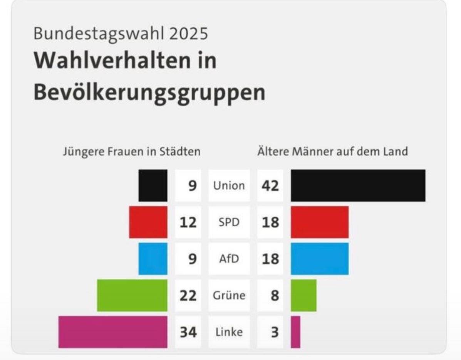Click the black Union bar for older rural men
pyautogui.click(x=358, y=185)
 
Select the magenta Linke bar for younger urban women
pyautogui.click(x=113, y=332)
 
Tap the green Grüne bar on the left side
pyautogui.click(x=132, y=295)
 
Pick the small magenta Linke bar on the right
pyautogui.click(x=295, y=332)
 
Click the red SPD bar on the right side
pyautogui.click(x=319, y=222)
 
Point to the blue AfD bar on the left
pyautogui.click(x=153, y=259)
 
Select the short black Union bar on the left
pyautogui.click(x=153, y=185)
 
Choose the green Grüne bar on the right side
pyautogui.click(x=303, y=295)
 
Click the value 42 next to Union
pyautogui.click(x=270, y=186)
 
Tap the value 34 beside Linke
pyautogui.click(x=188, y=332)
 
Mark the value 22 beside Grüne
pyautogui.click(x=188, y=296)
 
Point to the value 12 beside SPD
pyautogui.click(x=188, y=222)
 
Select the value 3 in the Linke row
pyautogui.click(x=274, y=332)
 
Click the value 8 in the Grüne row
pyautogui.click(x=274, y=296)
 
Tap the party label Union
pyautogui.click(x=229, y=186)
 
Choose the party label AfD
pyautogui.click(x=229, y=259)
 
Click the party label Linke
pyautogui.click(x=229, y=332)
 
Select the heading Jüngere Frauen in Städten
pyautogui.click(x=131, y=151)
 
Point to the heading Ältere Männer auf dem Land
pyautogui.click(x=332, y=151)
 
